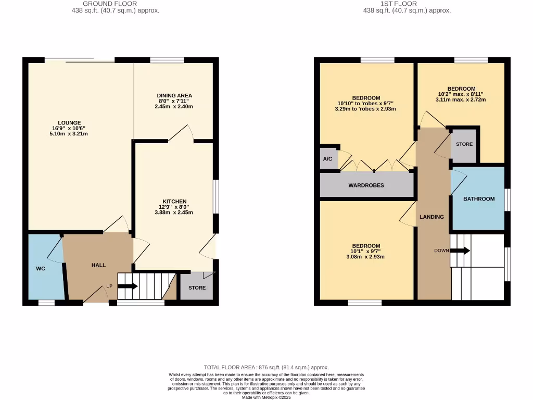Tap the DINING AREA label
(x=174, y=95)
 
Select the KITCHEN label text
(x=174, y=202)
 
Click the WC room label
(x=40, y=269)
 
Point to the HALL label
(x=98, y=265)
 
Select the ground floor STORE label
(x=197, y=287)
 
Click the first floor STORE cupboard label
(x=464, y=144)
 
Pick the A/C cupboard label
(x=327, y=159)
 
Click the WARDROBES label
(x=366, y=185)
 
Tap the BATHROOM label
(x=479, y=198)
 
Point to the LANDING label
(x=432, y=217)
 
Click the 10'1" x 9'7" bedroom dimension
(x=366, y=252)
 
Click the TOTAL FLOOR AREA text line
(x=266, y=367)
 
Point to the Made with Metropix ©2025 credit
(x=266, y=397)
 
